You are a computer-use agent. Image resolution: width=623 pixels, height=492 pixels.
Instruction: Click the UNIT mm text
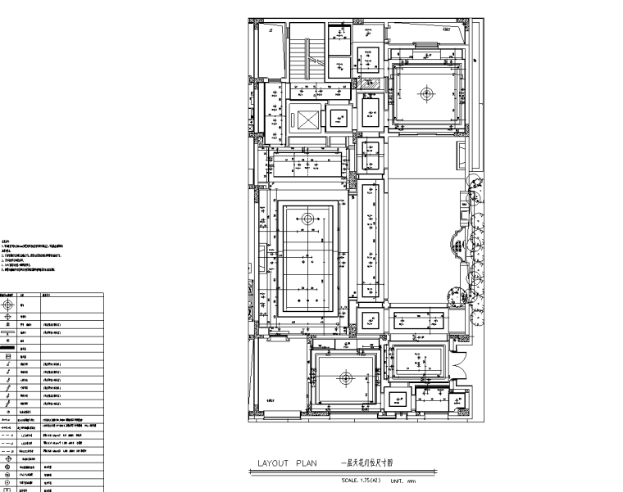(x=404, y=481)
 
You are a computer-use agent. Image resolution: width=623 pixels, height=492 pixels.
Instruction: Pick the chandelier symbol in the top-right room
(x=425, y=93)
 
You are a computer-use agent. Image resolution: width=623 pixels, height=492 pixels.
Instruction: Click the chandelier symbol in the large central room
(x=307, y=219)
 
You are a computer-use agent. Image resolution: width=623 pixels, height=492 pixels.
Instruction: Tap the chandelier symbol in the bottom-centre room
(x=345, y=378)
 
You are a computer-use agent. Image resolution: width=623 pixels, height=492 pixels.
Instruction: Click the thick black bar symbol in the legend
(x=9, y=348)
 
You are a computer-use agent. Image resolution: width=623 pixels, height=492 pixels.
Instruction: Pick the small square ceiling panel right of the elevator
(x=337, y=117)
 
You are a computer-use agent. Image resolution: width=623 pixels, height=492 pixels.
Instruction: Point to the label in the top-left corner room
(x=270, y=29)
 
